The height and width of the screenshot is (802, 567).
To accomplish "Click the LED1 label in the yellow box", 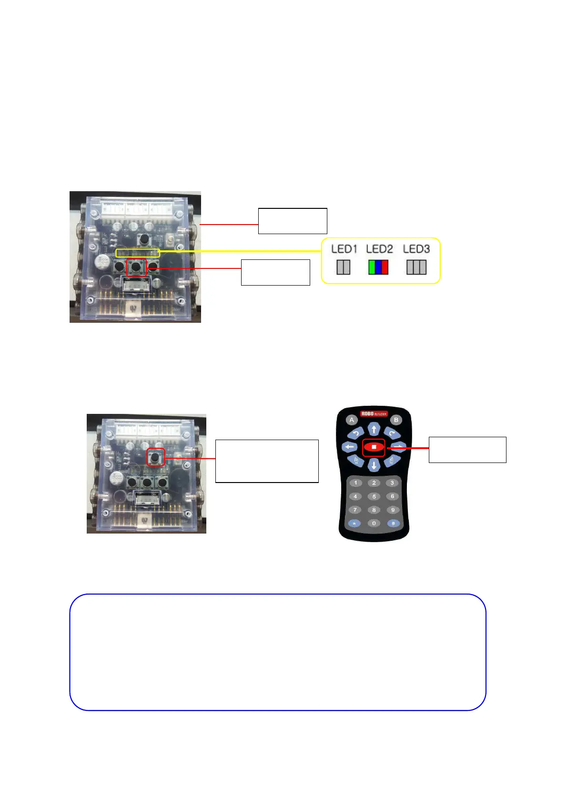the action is point(344,249).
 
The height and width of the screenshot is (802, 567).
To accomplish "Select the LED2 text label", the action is point(379,249).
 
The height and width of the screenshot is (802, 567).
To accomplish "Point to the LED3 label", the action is point(416,249).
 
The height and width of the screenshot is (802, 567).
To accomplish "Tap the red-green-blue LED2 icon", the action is point(378,267).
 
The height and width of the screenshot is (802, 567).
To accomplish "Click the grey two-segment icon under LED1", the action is point(343,267).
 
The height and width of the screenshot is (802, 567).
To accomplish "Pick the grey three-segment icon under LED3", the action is point(416,267).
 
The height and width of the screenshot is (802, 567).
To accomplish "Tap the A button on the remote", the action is point(352,420).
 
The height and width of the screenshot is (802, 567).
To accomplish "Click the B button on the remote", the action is point(396,420).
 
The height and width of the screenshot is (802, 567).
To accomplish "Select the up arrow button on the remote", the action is point(374,429).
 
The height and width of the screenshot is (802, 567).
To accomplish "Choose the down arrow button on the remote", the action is point(374,465).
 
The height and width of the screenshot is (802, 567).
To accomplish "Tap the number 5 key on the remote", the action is point(374,496).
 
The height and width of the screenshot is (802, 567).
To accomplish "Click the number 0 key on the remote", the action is point(374,523).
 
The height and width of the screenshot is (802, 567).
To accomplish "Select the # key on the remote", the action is point(393,523).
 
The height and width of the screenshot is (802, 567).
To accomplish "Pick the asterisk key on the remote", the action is point(354,523).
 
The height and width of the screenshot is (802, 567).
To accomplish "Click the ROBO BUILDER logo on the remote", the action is point(374,413).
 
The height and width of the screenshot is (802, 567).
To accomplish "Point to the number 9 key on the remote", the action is point(393,510).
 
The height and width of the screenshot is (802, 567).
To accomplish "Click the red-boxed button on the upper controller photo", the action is point(137,267).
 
